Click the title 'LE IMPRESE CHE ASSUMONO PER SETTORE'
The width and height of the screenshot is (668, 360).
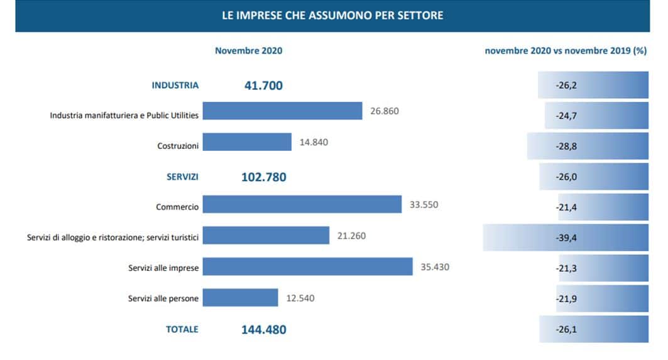[x=332, y=15]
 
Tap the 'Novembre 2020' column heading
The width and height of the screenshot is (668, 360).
[x=248, y=51]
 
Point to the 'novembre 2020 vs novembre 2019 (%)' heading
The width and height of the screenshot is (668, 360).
[x=566, y=51]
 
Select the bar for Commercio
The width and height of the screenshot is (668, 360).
[x=302, y=204]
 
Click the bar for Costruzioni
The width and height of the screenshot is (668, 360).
[x=247, y=142]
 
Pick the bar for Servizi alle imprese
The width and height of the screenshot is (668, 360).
[x=307, y=266]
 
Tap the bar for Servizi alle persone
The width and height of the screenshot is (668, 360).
[x=240, y=297]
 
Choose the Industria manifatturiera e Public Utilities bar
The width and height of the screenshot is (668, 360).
[x=282, y=111]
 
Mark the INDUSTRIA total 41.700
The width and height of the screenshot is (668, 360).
[x=263, y=85]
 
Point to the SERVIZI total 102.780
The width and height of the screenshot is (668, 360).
[x=263, y=177]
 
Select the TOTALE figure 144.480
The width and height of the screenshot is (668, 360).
[x=264, y=329]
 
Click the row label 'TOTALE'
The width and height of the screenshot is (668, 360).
[x=182, y=329]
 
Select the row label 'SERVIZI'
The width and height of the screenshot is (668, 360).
[x=182, y=177]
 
